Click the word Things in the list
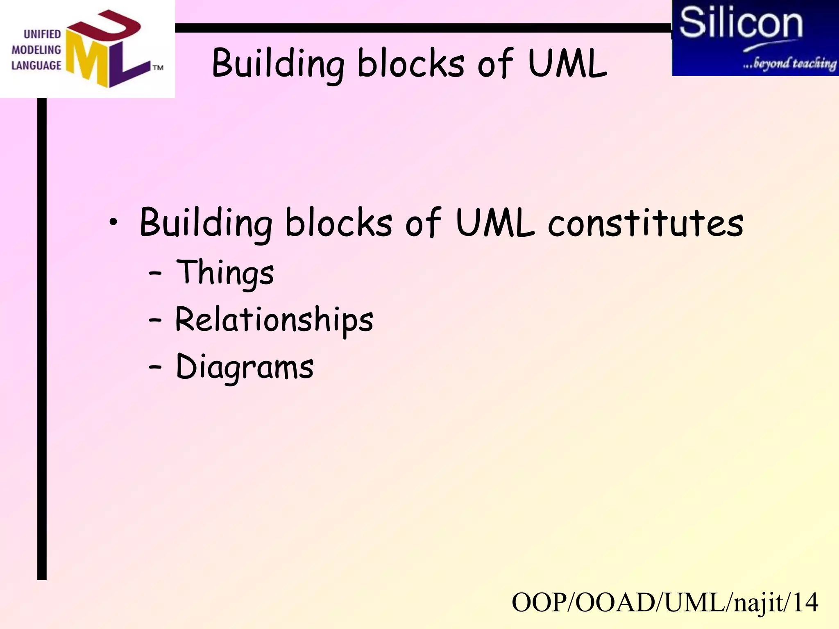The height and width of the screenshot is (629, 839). click(x=225, y=273)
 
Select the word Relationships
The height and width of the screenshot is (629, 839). click(x=274, y=320)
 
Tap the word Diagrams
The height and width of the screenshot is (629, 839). click(x=245, y=367)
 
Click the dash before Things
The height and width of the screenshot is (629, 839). click(x=155, y=274)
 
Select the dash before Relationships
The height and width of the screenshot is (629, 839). click(x=155, y=321)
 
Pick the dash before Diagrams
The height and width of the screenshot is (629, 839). click(x=155, y=367)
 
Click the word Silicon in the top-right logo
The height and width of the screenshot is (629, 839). click(x=741, y=23)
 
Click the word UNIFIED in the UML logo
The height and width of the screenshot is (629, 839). click(x=42, y=34)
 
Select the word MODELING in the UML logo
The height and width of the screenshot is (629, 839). click(x=36, y=50)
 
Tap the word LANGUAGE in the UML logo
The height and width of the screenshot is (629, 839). click(x=36, y=66)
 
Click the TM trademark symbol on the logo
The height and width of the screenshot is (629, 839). click(x=158, y=68)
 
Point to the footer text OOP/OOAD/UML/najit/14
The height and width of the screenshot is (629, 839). click(x=665, y=602)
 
